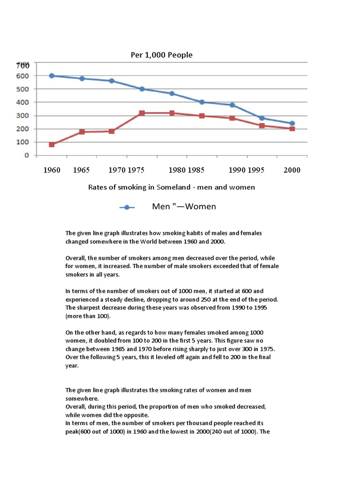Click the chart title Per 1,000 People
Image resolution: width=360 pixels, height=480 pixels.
point(161,55)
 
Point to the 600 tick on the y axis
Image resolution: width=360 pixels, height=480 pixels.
point(23,75)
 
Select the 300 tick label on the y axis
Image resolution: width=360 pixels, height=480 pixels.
point(23,115)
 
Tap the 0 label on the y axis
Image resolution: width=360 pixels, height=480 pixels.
point(26,155)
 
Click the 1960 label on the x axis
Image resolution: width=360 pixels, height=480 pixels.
point(52,170)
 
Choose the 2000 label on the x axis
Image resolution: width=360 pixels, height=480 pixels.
point(292,170)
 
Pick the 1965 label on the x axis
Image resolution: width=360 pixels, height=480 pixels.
point(82,170)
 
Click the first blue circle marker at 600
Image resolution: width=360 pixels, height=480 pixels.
point(52,75)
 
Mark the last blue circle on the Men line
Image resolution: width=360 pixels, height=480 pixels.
point(292,123)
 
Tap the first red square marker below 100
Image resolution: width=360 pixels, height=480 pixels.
point(52,144)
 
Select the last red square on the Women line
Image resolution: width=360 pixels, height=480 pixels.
point(292,128)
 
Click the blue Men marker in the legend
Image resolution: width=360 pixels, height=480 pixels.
point(127,207)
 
